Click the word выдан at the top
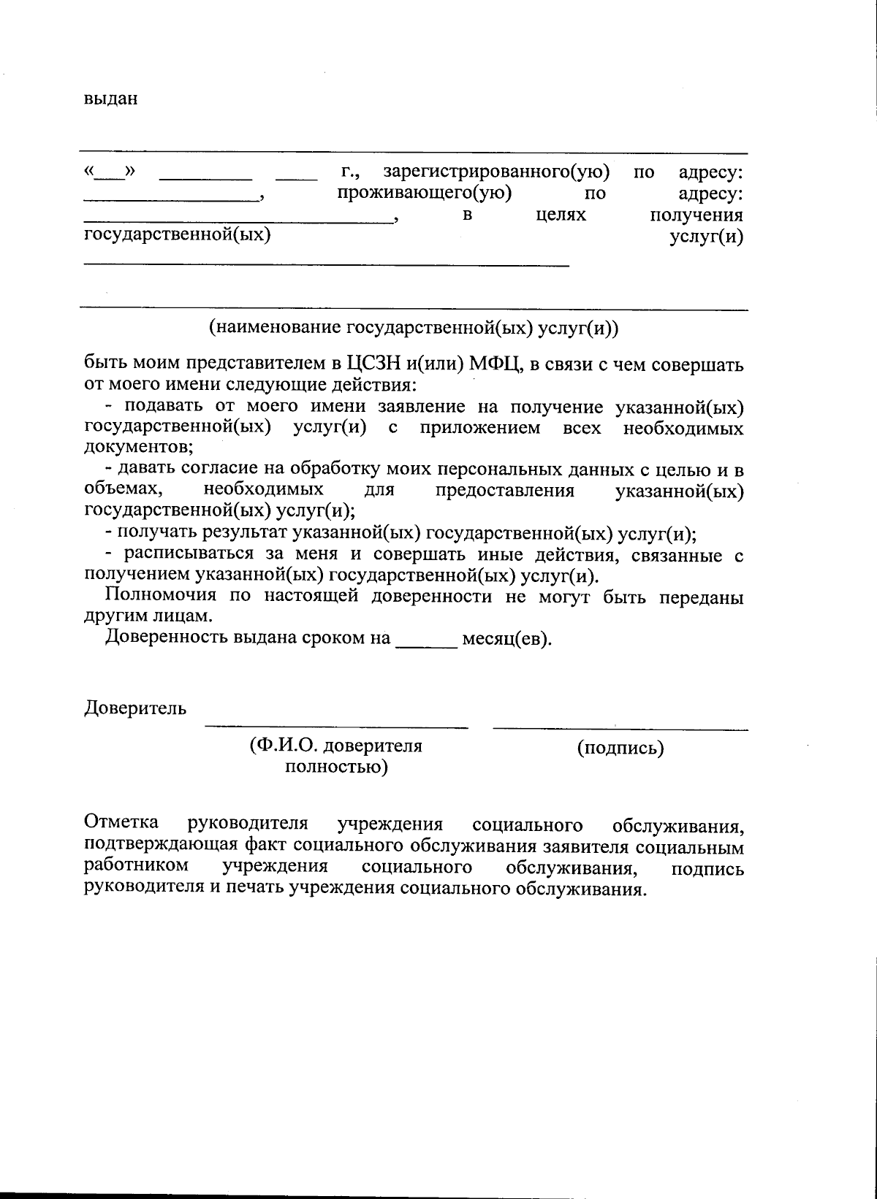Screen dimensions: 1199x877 111,99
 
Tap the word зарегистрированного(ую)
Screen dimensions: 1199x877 496,172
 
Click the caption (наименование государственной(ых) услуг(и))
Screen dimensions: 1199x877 414,328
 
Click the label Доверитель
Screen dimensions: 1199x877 135,708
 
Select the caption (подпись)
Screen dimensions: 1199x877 620,748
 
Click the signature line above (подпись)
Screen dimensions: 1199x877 620,728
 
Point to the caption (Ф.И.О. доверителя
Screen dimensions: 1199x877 335,746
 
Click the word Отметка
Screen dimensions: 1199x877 121,823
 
